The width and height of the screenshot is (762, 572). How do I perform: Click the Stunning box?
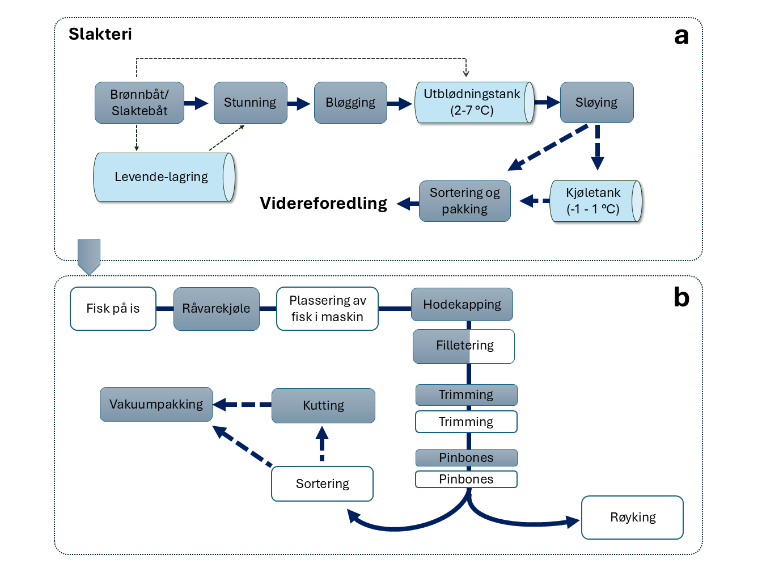[250, 103]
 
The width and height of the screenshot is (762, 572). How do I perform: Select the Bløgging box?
[350, 103]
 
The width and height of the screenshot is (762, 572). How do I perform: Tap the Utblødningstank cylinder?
[472, 103]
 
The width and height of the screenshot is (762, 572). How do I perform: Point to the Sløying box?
[596, 103]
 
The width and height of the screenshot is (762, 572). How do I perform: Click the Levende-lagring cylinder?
[162, 177]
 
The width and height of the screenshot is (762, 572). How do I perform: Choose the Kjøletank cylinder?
[594, 201]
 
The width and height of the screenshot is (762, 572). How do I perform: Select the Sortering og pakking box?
[464, 201]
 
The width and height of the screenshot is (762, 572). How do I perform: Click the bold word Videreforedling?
[323, 203]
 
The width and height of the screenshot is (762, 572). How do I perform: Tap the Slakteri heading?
[100, 34]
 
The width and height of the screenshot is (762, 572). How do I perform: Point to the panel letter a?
[681, 36]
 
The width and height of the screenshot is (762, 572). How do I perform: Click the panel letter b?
[681, 297]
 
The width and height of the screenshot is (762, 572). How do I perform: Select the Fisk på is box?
[113, 309]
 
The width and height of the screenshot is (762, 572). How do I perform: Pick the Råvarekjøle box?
[216, 309]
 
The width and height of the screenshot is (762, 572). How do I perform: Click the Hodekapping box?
[462, 305]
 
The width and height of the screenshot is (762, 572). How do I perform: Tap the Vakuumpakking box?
[156, 405]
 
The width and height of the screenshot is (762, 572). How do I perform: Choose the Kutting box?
[323, 406]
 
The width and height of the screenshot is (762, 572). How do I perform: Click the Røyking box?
[632, 518]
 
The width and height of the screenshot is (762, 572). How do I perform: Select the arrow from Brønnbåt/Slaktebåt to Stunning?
[196, 103]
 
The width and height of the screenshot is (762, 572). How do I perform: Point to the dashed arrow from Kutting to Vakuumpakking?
[242, 405]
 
